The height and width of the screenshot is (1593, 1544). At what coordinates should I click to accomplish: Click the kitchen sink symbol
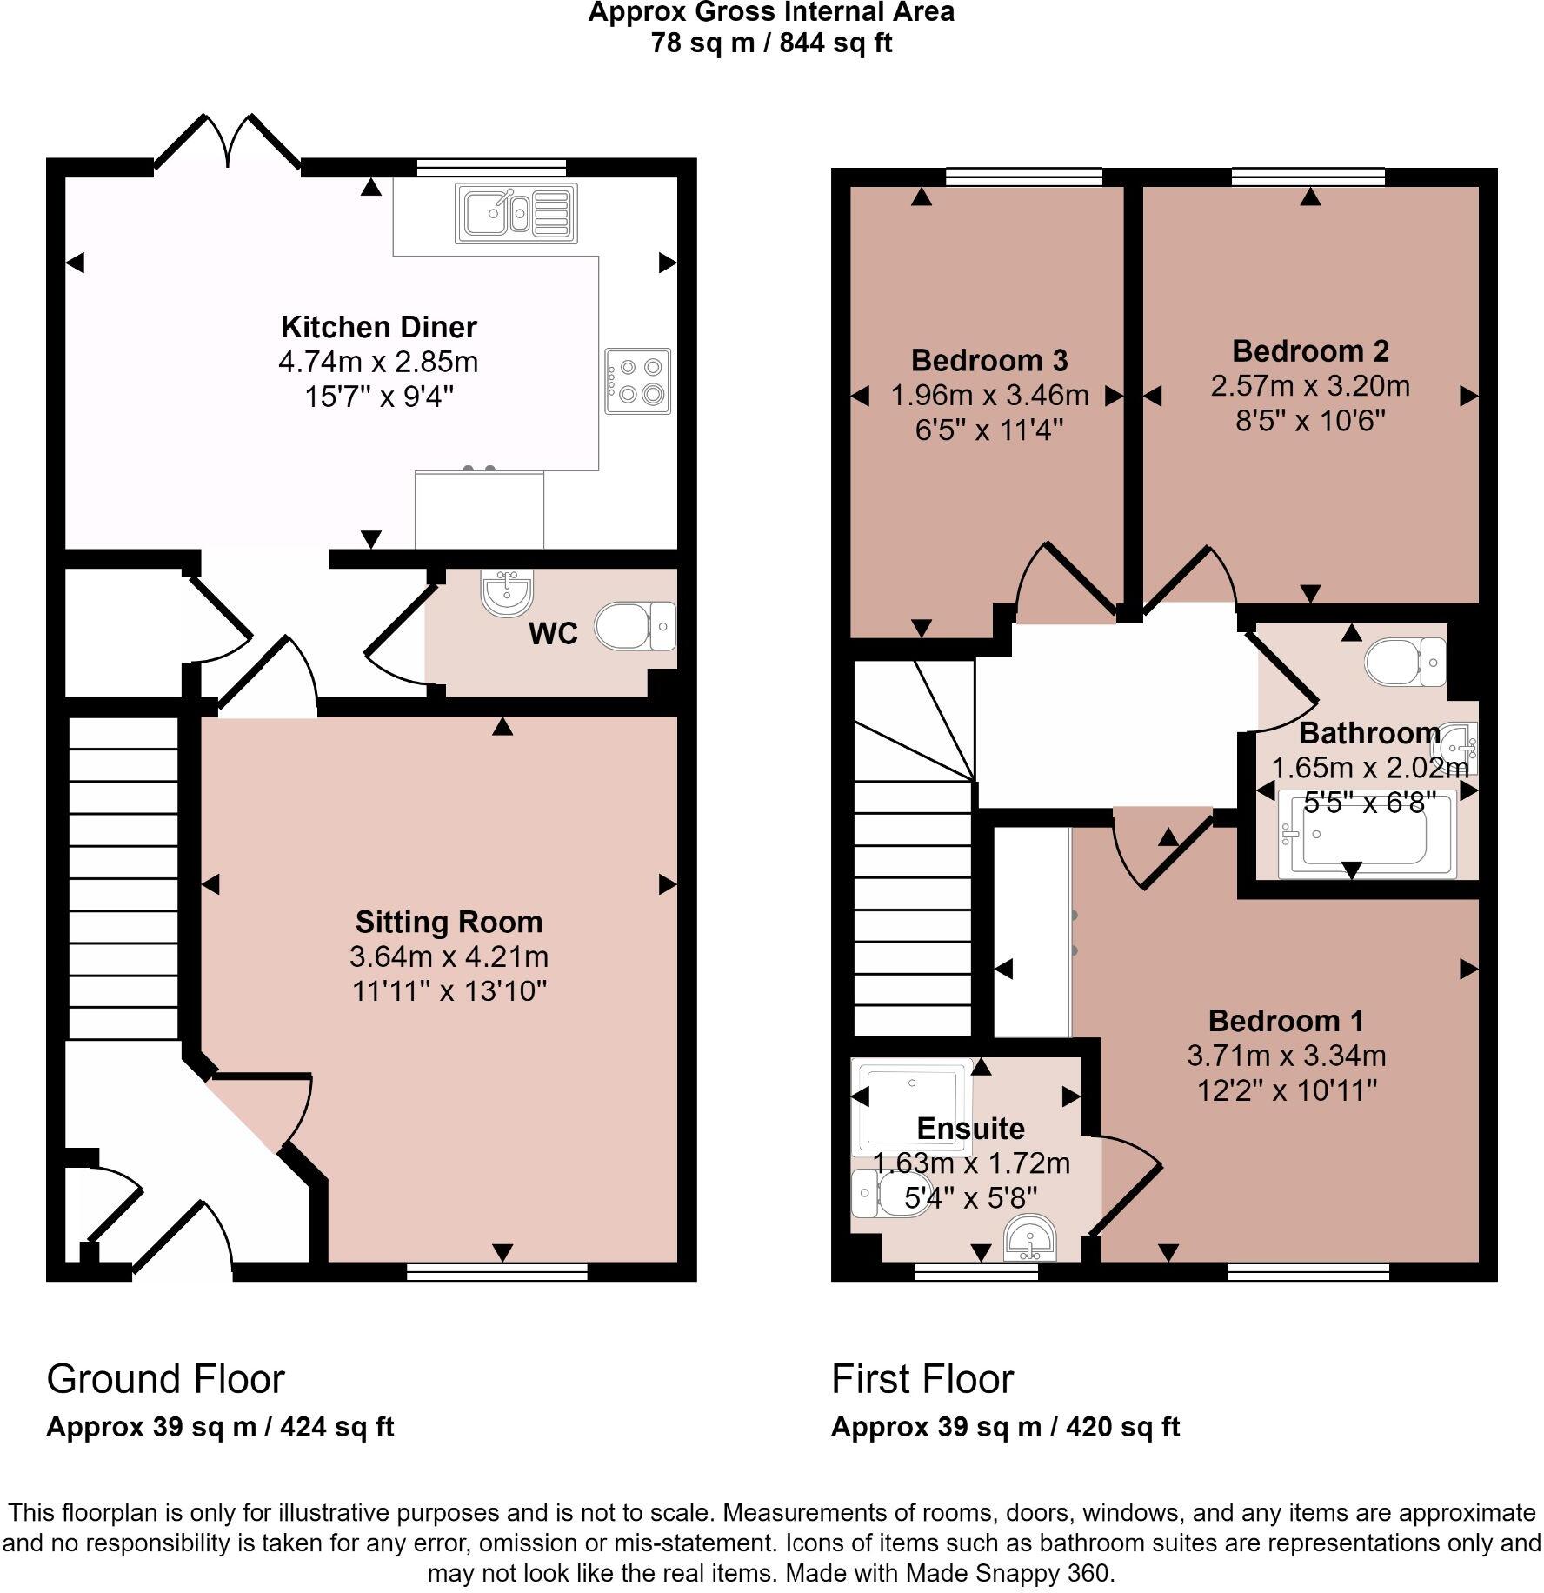click(515, 214)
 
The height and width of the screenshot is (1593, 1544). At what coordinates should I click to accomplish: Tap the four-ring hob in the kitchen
click(638, 381)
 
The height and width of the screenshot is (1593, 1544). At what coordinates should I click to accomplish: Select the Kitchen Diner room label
click(378, 327)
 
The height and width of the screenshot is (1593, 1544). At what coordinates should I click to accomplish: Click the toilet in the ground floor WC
click(634, 626)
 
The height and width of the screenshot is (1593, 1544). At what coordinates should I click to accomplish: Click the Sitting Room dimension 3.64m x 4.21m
click(449, 956)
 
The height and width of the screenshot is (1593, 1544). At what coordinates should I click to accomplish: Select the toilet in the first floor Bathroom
click(1404, 663)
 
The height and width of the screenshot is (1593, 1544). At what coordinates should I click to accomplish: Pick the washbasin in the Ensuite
click(1030, 1240)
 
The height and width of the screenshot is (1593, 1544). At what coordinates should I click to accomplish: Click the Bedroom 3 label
click(989, 360)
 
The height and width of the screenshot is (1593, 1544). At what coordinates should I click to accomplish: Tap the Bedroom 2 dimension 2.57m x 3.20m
click(1310, 385)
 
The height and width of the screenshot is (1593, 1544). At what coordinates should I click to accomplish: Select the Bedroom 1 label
click(1286, 1020)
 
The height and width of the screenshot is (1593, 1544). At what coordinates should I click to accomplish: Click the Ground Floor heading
click(165, 1379)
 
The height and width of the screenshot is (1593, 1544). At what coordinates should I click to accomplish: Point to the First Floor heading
click(922, 1379)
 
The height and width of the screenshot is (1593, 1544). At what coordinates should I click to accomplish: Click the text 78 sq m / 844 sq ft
click(771, 43)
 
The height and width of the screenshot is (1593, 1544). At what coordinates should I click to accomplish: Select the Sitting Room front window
click(497, 1273)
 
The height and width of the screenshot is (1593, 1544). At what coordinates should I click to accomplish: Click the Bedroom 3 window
click(1023, 177)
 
